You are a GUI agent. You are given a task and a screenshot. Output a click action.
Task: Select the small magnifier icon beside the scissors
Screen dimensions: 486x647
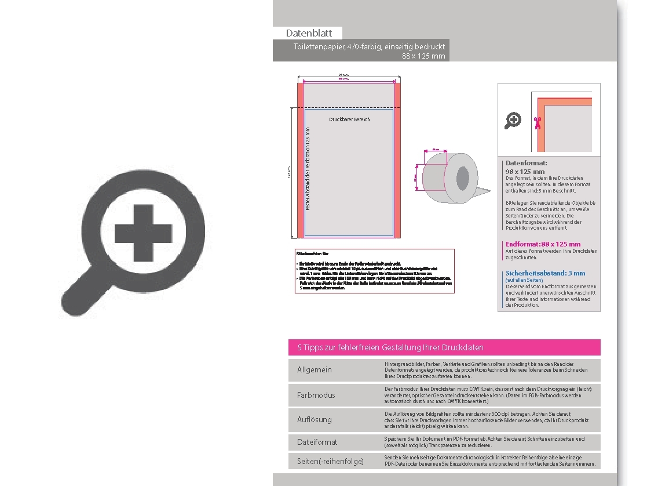coord(513,121)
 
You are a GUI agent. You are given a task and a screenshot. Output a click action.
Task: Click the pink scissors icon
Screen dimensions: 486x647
coord(537,122)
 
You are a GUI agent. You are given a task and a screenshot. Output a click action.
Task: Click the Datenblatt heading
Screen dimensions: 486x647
coord(309,33)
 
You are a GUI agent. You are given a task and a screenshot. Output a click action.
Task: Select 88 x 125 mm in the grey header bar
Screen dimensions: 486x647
coord(423,56)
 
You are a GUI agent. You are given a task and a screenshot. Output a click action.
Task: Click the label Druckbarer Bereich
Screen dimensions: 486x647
coord(349,119)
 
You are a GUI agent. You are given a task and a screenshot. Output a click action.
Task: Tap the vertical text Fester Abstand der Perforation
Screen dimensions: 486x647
coord(308,168)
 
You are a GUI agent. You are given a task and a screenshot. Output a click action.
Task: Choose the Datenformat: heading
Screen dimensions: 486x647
coord(526,164)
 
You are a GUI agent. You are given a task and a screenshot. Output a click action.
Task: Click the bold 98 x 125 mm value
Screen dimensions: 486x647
coord(525,172)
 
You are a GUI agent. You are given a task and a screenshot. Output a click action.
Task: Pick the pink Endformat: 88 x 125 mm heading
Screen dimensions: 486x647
coord(543,244)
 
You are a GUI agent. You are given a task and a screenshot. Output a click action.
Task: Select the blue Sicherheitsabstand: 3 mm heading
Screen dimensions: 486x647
coord(545,273)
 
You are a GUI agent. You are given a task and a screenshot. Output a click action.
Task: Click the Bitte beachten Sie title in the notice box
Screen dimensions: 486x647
coord(313,254)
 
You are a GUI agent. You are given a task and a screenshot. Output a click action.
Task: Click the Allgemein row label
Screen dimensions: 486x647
coord(315,370)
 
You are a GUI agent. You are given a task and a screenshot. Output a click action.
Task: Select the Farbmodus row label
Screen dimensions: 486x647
coord(316,395)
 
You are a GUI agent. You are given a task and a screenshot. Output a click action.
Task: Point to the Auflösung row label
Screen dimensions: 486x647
coord(315,419)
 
